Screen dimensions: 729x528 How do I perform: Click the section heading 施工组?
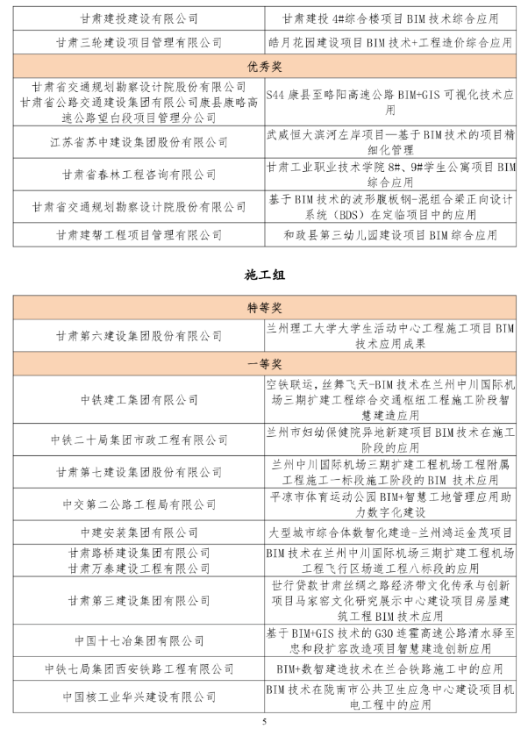tap(264, 275)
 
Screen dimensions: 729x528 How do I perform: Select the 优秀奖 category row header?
tap(264, 66)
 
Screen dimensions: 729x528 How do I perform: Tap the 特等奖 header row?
tap(264, 309)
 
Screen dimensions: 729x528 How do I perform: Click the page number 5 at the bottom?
tap(264, 719)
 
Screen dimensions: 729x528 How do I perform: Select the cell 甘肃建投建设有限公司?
tap(139, 18)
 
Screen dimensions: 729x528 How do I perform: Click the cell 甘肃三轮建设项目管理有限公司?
tap(139, 41)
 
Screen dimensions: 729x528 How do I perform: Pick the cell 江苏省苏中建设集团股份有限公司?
tap(139, 140)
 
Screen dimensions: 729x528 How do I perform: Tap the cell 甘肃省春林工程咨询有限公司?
tap(139, 174)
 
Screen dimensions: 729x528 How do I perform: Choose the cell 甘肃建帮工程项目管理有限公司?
tap(139, 234)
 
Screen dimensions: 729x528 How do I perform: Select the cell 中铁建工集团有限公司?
tap(139, 399)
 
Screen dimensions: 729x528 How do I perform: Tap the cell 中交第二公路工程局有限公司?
tap(139, 504)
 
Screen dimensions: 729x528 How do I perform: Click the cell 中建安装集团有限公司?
tap(139, 532)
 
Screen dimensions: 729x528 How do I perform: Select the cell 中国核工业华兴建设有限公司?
tap(139, 697)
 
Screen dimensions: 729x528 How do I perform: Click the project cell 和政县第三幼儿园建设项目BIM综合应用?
tap(390, 234)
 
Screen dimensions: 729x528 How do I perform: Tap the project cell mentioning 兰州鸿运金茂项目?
tap(390, 532)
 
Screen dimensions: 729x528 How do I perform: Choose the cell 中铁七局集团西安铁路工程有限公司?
tap(139, 668)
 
